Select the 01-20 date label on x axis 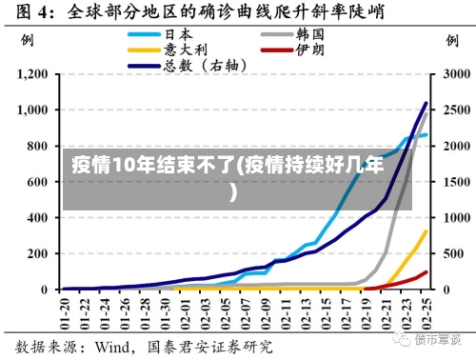(65, 311)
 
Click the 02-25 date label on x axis (426, 311)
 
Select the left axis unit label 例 (28, 43)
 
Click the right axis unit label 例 (449, 43)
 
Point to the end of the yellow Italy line (426, 231)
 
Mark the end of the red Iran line (426, 271)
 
